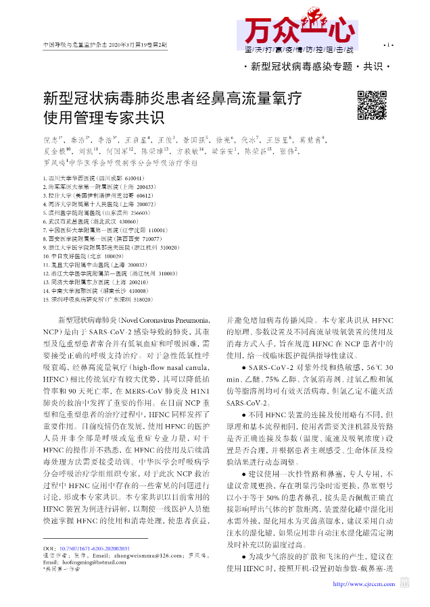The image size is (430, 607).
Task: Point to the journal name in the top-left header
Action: [x=105, y=45]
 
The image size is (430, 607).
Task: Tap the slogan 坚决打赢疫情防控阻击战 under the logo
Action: [x=299, y=50]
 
